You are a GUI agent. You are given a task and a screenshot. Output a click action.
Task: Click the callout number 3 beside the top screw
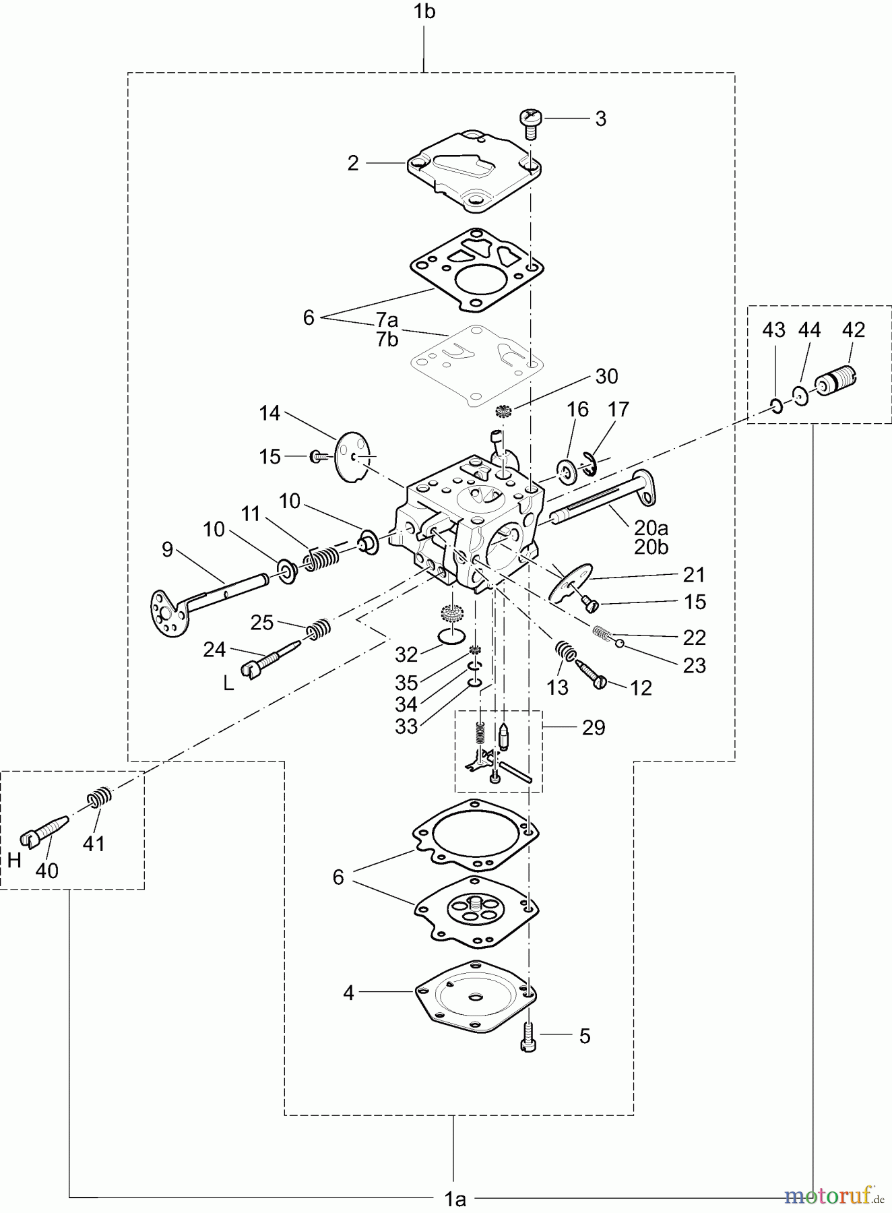[x=600, y=119]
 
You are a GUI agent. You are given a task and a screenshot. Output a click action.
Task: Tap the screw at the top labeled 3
[x=530, y=123]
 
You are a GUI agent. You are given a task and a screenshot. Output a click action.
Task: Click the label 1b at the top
[x=424, y=12]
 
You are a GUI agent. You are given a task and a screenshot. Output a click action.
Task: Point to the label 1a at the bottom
[x=455, y=1199]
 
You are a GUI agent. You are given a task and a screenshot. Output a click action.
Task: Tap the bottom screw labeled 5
[x=528, y=1036]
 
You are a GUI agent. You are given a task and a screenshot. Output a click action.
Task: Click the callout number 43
[x=773, y=330]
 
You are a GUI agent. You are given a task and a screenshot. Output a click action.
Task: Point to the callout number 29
[x=594, y=728]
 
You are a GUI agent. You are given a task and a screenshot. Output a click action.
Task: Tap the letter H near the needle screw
[x=14, y=860]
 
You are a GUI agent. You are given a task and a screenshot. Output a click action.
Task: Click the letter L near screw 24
[x=228, y=683]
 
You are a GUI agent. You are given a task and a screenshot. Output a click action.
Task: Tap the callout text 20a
[x=651, y=528]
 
